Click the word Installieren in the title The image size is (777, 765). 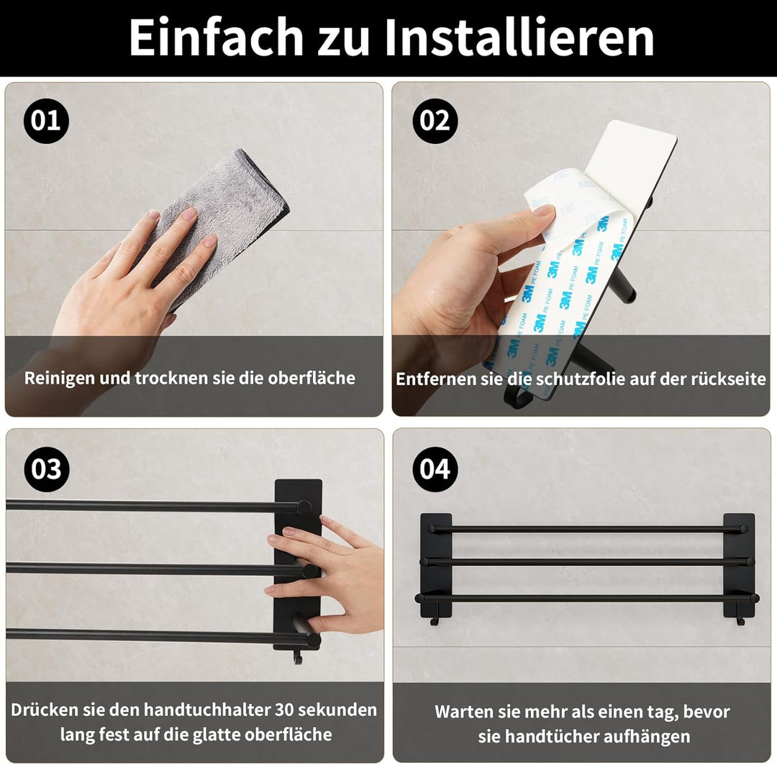519,37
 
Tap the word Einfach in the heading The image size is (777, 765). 216,37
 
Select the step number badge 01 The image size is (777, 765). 46,121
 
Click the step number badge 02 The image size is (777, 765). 435,121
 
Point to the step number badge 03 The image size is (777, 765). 47,469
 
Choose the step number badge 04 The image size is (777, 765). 435,469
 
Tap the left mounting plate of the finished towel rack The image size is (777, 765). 436,564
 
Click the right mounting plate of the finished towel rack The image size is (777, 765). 739,564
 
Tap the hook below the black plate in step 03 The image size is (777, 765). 297,658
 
